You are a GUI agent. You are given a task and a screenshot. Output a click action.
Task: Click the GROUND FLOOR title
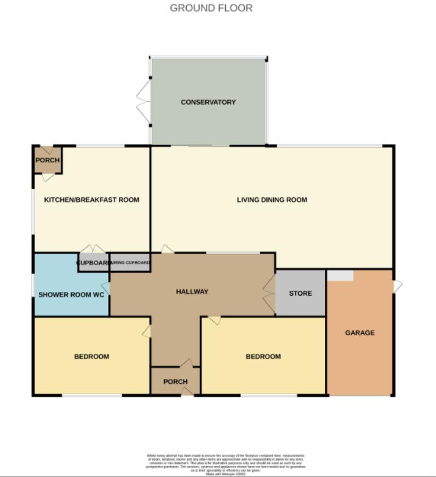coord(211,8)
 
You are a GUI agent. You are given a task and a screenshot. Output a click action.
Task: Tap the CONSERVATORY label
coord(208,102)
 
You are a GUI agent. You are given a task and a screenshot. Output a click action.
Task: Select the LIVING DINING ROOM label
coord(272,200)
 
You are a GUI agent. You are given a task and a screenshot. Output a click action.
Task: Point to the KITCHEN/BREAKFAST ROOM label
coord(91,200)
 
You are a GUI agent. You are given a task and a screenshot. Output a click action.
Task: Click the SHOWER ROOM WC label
coord(71,295)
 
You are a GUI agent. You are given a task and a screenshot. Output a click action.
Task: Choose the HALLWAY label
coord(192,292)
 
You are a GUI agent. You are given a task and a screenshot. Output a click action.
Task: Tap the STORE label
coord(300,294)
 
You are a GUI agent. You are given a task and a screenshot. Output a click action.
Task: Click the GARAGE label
coord(360,332)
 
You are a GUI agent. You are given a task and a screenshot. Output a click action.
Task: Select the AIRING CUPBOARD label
coord(130,263)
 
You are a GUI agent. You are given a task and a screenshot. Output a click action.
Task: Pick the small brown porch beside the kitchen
coord(47,160)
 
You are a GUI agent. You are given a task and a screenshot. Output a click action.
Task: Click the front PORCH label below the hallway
coord(175,382)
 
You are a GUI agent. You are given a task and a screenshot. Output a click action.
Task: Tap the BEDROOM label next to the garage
coord(263,357)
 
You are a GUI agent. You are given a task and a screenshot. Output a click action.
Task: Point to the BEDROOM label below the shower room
coord(91,357)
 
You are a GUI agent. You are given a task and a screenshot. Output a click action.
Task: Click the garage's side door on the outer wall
coord(397,286)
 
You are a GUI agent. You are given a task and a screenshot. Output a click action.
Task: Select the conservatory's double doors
coord(144,101)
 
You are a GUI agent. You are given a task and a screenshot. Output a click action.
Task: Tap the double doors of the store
coord(268,294)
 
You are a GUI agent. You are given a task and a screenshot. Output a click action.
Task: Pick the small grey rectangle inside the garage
coord(340,275)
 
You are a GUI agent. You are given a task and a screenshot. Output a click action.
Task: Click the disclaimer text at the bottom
coord(225,463)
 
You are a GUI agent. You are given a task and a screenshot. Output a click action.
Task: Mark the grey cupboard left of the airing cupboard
coord(93,263)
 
